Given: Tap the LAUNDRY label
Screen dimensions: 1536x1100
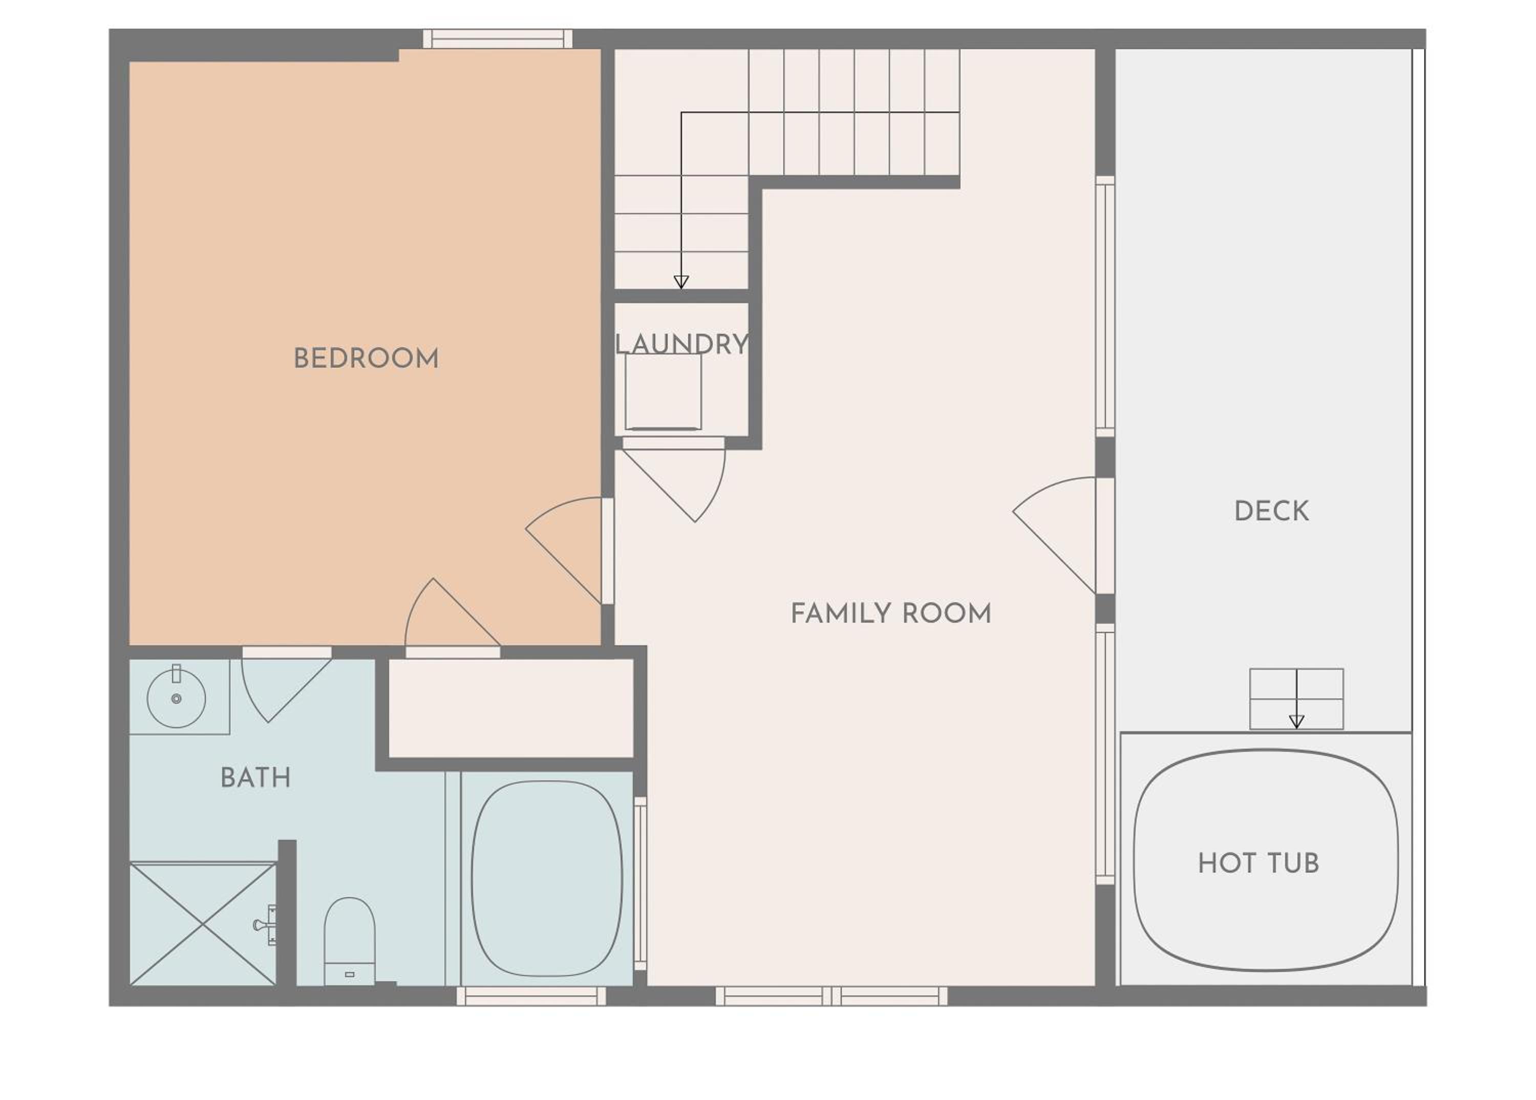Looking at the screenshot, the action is pyautogui.click(x=681, y=344).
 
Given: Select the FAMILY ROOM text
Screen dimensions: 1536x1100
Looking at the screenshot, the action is pyautogui.click(x=890, y=614).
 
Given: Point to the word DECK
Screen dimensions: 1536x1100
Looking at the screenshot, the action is pyautogui.click(x=1271, y=512).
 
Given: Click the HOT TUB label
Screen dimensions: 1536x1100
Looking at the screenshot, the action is pyautogui.click(x=1258, y=863).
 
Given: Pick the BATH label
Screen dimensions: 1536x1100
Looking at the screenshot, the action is pyautogui.click(x=256, y=777).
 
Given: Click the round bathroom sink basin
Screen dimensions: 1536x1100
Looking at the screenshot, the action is pyautogui.click(x=176, y=699).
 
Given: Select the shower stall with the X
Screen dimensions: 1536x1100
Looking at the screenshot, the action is pyautogui.click(x=203, y=923).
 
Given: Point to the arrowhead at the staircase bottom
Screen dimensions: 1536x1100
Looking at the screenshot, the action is pyautogui.click(x=681, y=282).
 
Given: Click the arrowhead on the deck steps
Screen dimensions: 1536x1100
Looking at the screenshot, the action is pyautogui.click(x=1296, y=722).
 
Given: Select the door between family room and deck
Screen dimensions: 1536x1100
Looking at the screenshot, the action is pyautogui.click(x=1055, y=535).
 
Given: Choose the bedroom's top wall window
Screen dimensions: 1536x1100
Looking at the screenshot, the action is pyautogui.click(x=498, y=38).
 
